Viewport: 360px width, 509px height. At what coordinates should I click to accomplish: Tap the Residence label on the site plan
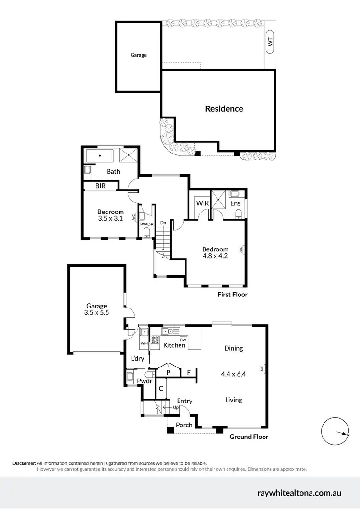[x=224, y=108]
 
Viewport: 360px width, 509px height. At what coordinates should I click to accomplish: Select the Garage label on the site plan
[x=138, y=55]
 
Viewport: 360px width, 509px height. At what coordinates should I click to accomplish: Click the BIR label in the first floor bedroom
[x=100, y=186]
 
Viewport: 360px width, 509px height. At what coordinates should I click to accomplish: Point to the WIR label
[x=202, y=203]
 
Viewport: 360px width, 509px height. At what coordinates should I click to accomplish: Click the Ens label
[x=235, y=203]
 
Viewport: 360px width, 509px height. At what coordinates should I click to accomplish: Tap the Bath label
[x=113, y=171]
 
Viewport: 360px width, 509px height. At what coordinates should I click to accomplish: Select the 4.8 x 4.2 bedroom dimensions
[x=215, y=256]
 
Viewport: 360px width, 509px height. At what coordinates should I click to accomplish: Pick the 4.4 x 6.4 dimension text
[x=234, y=374]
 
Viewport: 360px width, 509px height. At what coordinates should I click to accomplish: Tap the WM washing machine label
[x=144, y=343]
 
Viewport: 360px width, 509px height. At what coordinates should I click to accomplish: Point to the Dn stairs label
[x=163, y=222]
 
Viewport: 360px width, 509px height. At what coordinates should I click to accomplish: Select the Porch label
[x=184, y=425]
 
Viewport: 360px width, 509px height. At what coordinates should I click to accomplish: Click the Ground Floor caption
[x=249, y=437]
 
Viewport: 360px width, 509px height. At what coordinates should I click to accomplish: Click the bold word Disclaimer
[x=24, y=463]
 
